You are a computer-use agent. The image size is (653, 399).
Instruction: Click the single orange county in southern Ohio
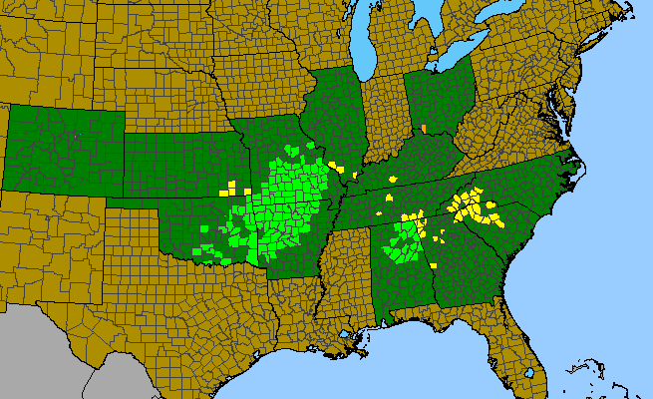(x=424, y=129)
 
